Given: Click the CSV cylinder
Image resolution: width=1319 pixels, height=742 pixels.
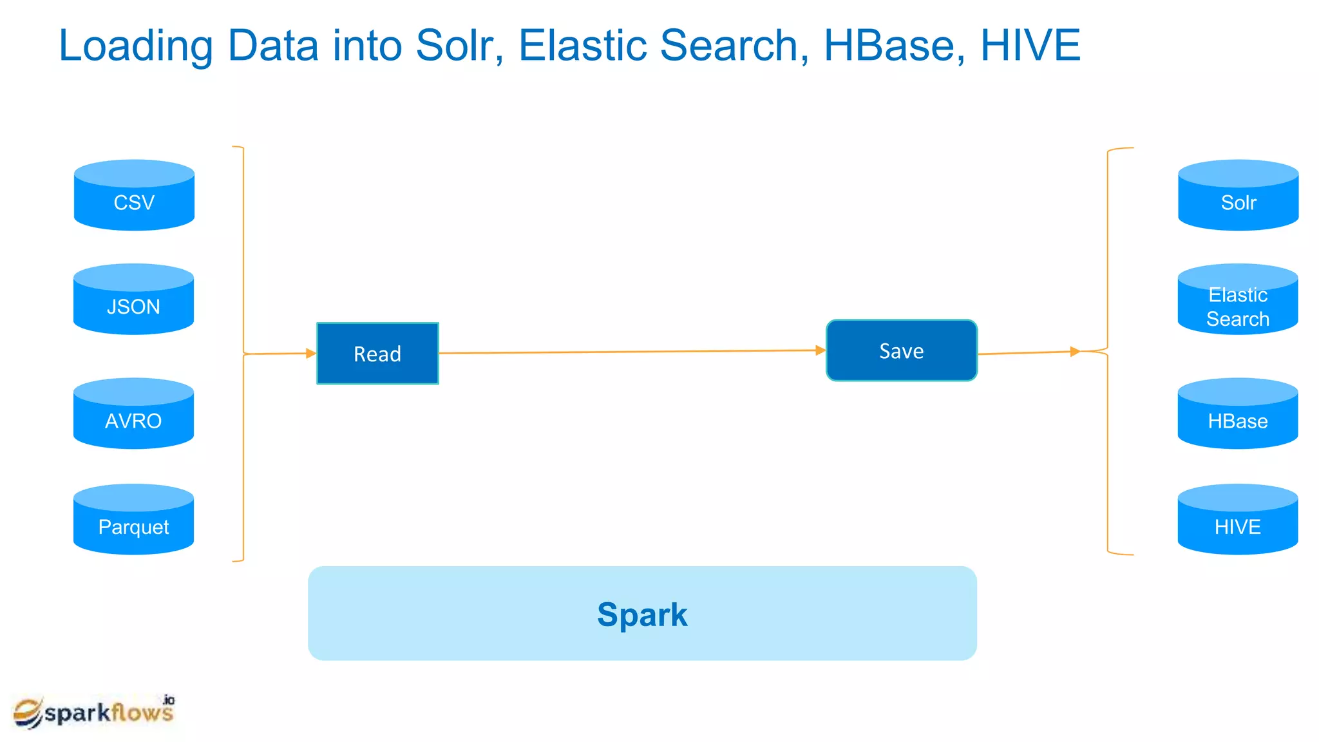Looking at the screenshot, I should (x=134, y=196).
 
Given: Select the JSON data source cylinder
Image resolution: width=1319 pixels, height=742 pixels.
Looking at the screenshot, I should (x=133, y=300).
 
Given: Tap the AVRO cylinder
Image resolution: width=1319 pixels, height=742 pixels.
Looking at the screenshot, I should (x=133, y=414).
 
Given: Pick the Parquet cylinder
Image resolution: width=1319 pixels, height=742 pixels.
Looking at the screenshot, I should (x=133, y=520).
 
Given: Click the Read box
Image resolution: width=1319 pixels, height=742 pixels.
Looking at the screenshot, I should (x=377, y=354).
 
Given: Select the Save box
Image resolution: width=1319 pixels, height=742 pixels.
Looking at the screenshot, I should (x=901, y=351).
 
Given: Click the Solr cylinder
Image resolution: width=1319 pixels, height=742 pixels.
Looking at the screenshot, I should (x=1238, y=196).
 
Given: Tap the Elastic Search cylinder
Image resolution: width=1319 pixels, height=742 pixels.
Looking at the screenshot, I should (x=1237, y=300).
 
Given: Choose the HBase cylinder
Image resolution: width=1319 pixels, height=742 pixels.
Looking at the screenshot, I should (x=1237, y=414).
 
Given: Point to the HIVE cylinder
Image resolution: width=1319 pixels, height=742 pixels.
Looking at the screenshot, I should (x=1237, y=520).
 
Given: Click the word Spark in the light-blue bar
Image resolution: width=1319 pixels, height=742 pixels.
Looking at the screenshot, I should (x=642, y=614).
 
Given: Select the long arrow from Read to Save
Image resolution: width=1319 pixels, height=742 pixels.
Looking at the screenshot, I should (x=631, y=352).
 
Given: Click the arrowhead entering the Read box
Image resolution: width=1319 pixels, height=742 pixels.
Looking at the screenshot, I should (x=311, y=353).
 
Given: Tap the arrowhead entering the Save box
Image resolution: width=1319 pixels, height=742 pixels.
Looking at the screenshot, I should (x=821, y=350).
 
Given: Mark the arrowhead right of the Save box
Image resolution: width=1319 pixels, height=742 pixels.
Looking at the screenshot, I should (x=1075, y=352).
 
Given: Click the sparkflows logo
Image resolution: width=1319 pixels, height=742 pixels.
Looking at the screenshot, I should (x=94, y=712).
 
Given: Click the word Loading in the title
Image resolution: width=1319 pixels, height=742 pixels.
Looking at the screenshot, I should (x=135, y=46).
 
